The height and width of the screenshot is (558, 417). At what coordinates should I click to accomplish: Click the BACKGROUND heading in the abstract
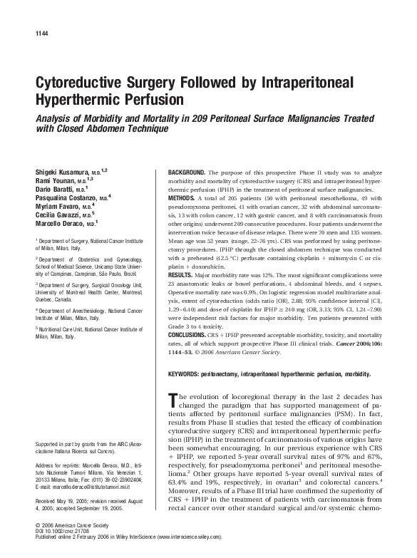click(x=187, y=173)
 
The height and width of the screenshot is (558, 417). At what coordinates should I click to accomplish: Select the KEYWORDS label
click(x=185, y=373)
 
